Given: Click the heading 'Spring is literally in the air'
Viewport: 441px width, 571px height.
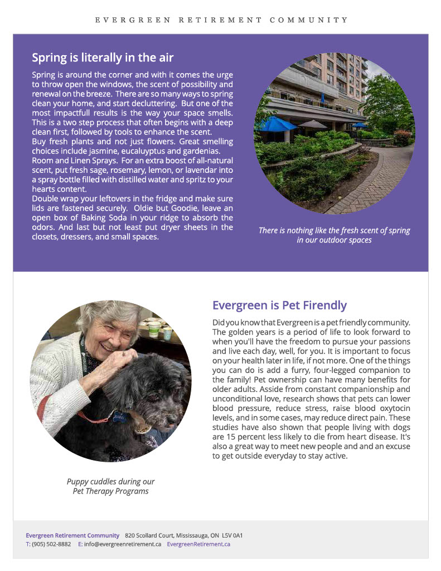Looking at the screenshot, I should (103, 57).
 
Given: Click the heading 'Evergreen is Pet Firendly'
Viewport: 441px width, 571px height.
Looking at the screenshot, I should (279, 306).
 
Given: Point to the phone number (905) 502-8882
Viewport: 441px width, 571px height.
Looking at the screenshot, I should (51, 544).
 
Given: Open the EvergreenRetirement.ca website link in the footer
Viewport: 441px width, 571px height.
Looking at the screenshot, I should (198, 544).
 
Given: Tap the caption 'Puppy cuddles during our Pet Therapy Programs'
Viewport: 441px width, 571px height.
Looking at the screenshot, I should (110, 486).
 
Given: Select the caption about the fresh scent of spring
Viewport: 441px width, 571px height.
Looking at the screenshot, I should (334, 235).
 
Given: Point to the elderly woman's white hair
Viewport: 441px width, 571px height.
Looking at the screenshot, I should (106, 318).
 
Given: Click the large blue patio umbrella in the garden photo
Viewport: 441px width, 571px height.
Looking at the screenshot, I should (277, 124).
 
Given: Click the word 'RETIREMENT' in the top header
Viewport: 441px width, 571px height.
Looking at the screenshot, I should (220, 20).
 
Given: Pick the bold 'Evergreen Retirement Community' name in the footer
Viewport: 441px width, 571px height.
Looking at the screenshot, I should (72, 535).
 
